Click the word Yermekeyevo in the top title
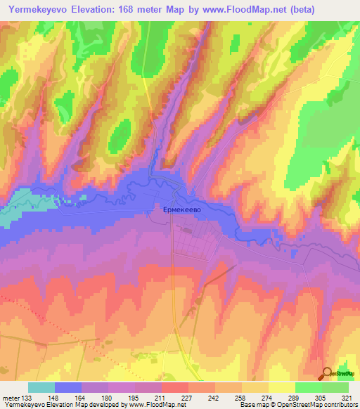pos(37,9)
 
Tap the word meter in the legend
pos(11,396)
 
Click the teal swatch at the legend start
pos(41,387)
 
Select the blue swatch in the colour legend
pos(68,387)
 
